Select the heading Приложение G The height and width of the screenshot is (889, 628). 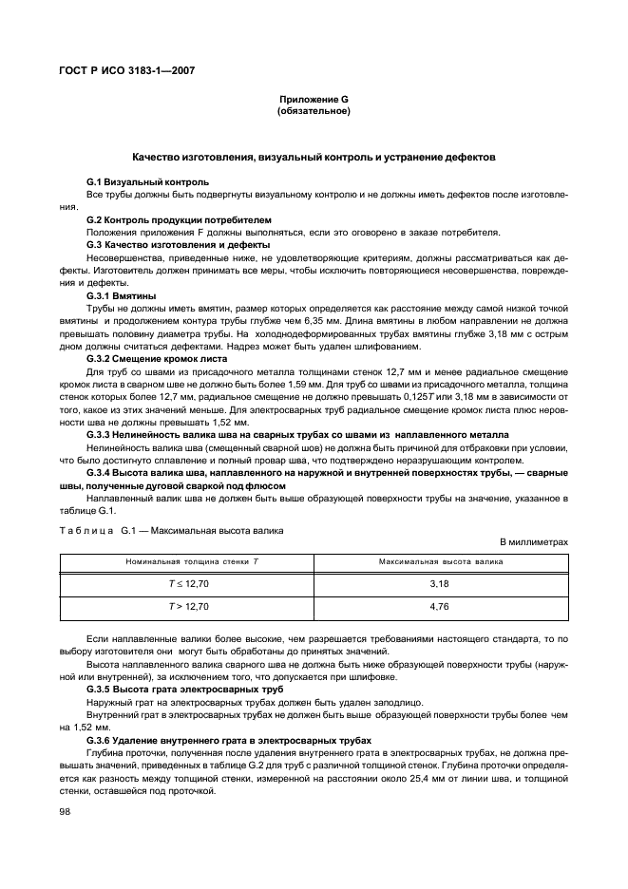[314, 100]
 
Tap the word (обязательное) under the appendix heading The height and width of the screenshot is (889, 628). [314, 111]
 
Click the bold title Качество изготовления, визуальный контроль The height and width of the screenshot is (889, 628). [314, 157]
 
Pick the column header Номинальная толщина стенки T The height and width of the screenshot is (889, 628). [189, 563]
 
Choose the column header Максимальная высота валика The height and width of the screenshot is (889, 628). [439, 563]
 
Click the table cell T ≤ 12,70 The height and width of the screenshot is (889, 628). [189, 581]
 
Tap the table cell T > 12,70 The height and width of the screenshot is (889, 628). [189, 605]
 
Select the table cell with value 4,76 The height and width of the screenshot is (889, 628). [439, 605]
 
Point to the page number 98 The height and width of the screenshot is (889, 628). [66, 812]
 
